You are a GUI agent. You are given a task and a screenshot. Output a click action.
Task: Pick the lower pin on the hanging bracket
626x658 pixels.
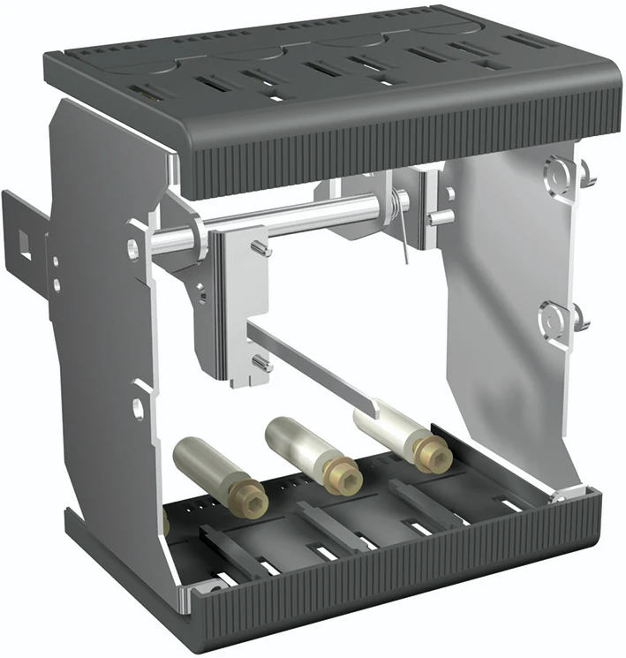[258, 362]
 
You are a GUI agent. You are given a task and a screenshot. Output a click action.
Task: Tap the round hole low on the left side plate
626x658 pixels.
[139, 408]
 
